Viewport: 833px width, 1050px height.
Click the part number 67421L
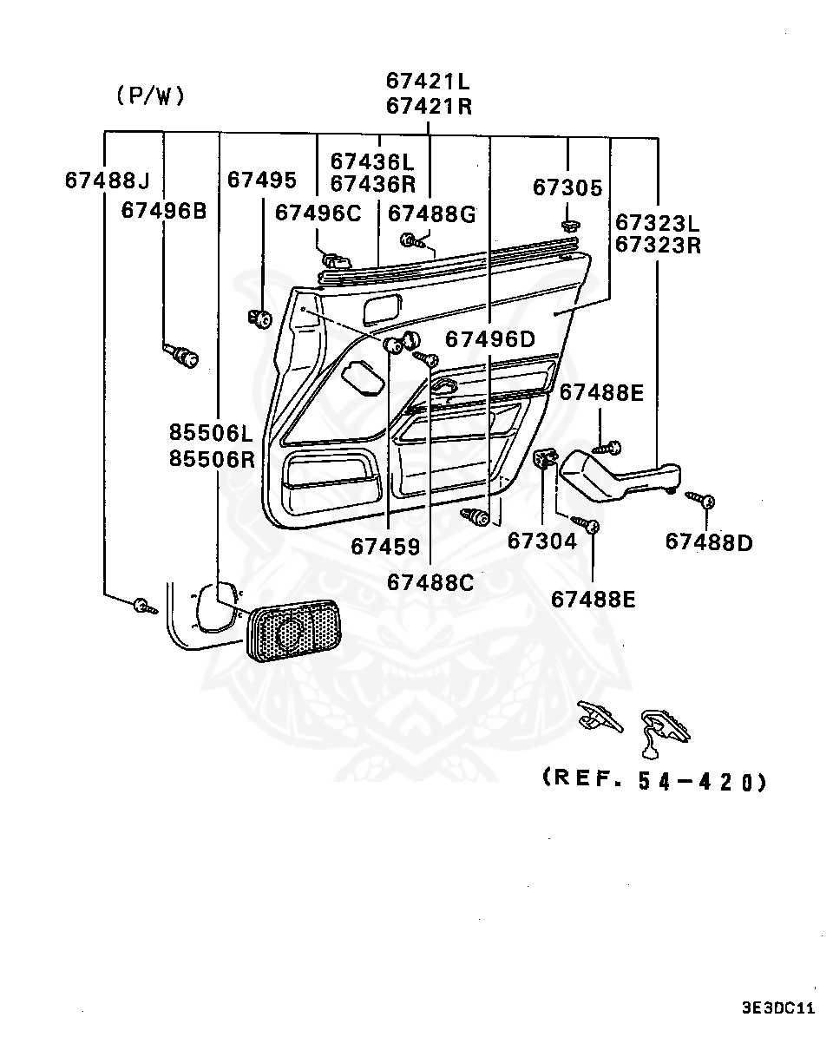pos(428,82)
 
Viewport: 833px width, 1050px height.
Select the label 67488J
pos(107,180)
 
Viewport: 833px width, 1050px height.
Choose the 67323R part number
pos(658,245)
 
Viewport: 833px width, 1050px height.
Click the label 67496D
pos(491,339)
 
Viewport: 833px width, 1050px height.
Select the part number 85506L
pos(212,431)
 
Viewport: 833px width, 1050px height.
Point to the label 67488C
pos(430,582)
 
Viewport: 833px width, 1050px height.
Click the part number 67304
pos(541,541)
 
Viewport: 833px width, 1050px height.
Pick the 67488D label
pos(709,542)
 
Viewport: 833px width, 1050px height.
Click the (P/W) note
pos(150,96)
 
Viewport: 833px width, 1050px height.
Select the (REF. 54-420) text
pos(654,780)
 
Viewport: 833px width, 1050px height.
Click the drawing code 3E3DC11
pos(778,1008)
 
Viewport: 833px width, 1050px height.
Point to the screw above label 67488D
pos(701,499)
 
